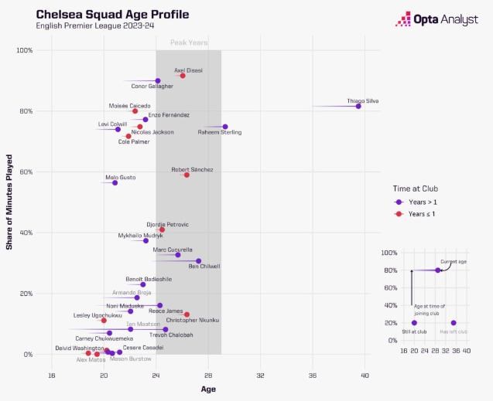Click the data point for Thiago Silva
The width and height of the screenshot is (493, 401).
[x=358, y=106]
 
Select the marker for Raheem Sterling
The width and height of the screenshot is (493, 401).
[x=225, y=127]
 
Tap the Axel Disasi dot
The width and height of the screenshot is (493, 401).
[x=183, y=76]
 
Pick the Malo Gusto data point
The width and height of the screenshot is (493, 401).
[x=115, y=183]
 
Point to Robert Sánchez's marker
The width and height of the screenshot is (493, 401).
[x=187, y=175]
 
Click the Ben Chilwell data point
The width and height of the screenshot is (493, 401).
[x=199, y=261]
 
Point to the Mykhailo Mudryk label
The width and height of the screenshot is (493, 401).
[x=141, y=235]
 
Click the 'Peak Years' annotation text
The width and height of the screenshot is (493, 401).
[x=188, y=43]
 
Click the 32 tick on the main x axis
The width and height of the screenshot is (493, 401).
[x=260, y=376]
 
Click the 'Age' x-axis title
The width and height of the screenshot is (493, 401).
[x=208, y=389]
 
